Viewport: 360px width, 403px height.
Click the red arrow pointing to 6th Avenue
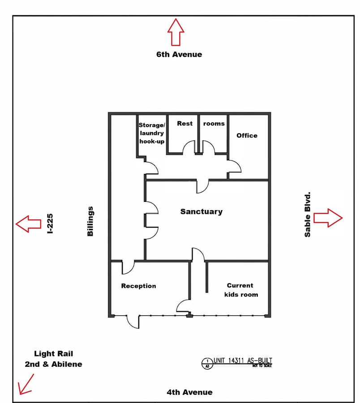click(x=176, y=32)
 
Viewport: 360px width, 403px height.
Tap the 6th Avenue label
click(x=179, y=54)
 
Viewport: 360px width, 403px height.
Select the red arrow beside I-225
click(x=28, y=224)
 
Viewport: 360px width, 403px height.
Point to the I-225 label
click(x=50, y=223)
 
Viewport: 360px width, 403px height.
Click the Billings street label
click(x=90, y=221)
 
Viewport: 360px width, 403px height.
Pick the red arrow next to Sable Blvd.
click(x=328, y=218)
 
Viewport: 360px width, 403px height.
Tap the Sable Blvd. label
click(x=307, y=214)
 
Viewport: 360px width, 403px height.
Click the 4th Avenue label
click(x=190, y=392)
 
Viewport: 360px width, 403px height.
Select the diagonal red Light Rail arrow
click(x=26, y=384)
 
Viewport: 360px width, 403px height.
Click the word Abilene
click(x=67, y=364)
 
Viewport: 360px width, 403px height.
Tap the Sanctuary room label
click(x=201, y=211)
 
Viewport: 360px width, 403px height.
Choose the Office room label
click(x=247, y=135)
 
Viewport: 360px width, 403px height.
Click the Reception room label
click(x=138, y=286)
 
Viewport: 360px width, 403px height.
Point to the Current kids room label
click(x=241, y=290)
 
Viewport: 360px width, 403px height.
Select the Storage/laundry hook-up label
click(x=152, y=133)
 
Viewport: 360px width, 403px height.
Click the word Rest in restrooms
click(x=185, y=124)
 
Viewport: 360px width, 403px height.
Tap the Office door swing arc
click(x=234, y=166)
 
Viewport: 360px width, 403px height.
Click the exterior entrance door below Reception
click(x=133, y=322)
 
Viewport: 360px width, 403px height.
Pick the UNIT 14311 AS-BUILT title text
click(x=243, y=360)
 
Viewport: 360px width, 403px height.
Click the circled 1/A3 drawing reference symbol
click(x=207, y=364)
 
